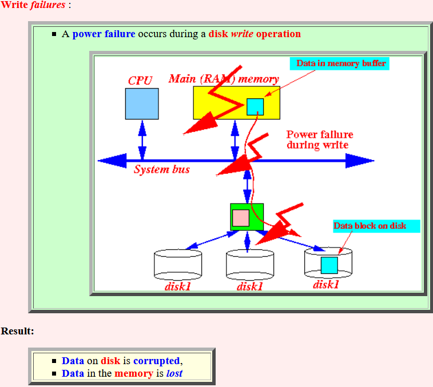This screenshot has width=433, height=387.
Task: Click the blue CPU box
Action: [142, 104]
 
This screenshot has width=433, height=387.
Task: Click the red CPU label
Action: [140, 81]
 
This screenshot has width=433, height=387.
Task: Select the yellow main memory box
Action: [237, 103]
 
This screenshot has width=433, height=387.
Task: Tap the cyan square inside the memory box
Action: [255, 107]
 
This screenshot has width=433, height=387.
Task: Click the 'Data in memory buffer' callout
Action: [340, 63]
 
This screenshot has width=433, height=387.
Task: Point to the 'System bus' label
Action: [162, 169]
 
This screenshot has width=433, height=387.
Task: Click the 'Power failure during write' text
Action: [320, 139]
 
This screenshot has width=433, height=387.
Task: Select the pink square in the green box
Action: [241, 218]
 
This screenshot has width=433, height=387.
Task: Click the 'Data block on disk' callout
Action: [377, 226]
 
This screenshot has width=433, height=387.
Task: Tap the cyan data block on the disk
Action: [329, 265]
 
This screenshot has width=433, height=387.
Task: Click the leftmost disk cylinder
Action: [178, 265]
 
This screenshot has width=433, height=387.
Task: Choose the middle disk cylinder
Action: [250, 265]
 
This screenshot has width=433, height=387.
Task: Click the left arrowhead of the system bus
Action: [112, 161]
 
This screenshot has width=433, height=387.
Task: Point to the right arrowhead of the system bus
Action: [360, 161]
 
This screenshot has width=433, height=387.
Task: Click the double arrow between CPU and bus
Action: [142, 140]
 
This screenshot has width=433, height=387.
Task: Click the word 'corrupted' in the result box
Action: [156, 361]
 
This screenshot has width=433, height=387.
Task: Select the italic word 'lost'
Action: [174, 373]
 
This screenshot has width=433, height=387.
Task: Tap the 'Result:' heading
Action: [17, 331]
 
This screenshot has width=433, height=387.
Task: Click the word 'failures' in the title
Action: [48, 5]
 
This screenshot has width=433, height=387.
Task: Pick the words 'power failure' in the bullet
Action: [104, 34]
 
